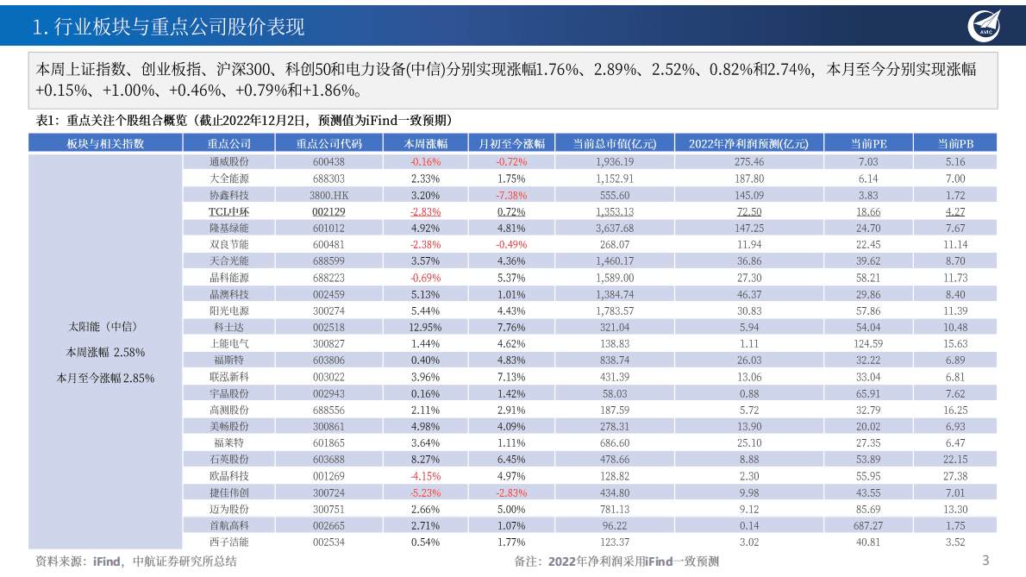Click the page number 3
(x=986, y=561)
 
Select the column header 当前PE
(x=868, y=144)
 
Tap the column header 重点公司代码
(x=328, y=144)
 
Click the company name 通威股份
(x=228, y=161)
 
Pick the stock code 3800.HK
(x=328, y=195)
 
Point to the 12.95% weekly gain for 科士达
(x=425, y=327)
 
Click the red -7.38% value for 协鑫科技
(x=511, y=195)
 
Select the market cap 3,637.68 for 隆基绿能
(x=614, y=228)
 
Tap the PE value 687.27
(x=868, y=525)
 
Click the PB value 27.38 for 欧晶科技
(x=955, y=475)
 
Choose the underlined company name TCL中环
(x=228, y=211)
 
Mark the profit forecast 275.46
(x=748, y=161)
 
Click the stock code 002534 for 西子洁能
(x=328, y=542)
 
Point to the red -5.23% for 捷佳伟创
(x=425, y=492)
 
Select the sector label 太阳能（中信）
(x=106, y=327)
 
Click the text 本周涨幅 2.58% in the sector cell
(x=106, y=352)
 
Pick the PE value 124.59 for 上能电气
(x=868, y=343)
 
